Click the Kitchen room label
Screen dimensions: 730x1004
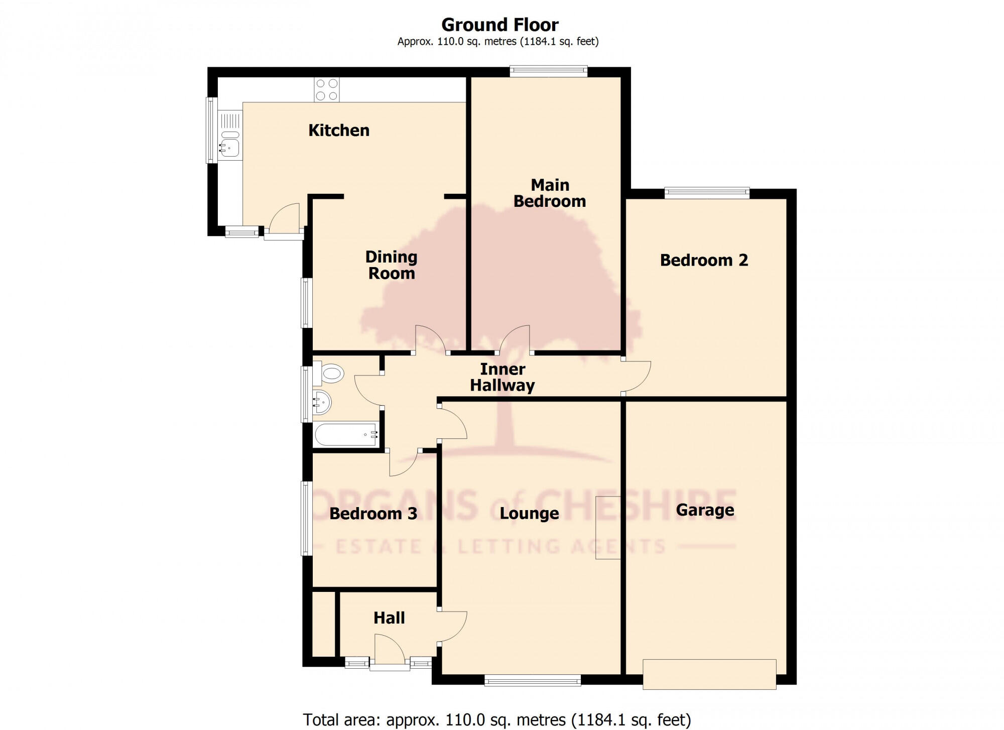tap(339, 131)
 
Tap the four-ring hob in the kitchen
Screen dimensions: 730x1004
tap(326, 90)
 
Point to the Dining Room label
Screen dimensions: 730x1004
tap(391, 265)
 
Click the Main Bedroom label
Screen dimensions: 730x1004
tap(550, 193)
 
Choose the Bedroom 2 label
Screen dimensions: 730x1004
tap(704, 260)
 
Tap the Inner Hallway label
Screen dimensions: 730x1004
tap(503, 377)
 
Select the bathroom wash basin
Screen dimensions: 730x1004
tap(321, 402)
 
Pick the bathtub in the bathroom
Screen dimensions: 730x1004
tap(345, 434)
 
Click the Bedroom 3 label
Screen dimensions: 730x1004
tap(373, 514)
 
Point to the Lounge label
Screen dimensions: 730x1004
tap(529, 514)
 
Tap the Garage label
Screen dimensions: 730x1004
tap(705, 510)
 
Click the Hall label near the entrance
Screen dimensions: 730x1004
tap(389, 618)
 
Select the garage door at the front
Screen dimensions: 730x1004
tap(709, 674)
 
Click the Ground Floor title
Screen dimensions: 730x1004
tap(499, 25)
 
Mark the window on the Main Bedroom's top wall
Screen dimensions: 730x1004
tap(548, 71)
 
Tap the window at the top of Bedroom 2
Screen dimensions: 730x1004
tap(707, 193)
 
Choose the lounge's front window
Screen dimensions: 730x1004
tap(533, 681)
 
